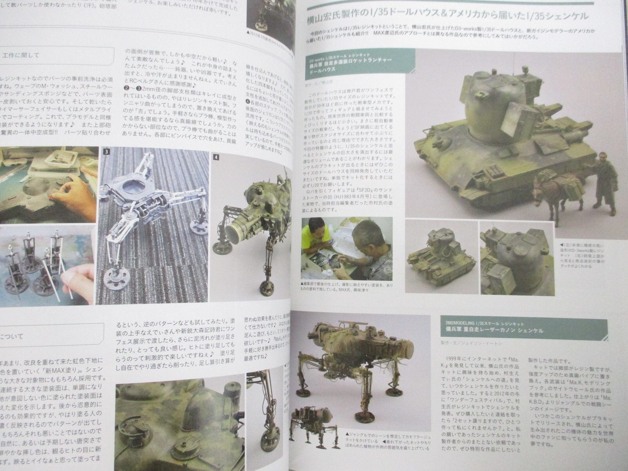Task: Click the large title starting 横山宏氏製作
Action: click(447, 16)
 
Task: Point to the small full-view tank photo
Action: click(442, 255)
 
